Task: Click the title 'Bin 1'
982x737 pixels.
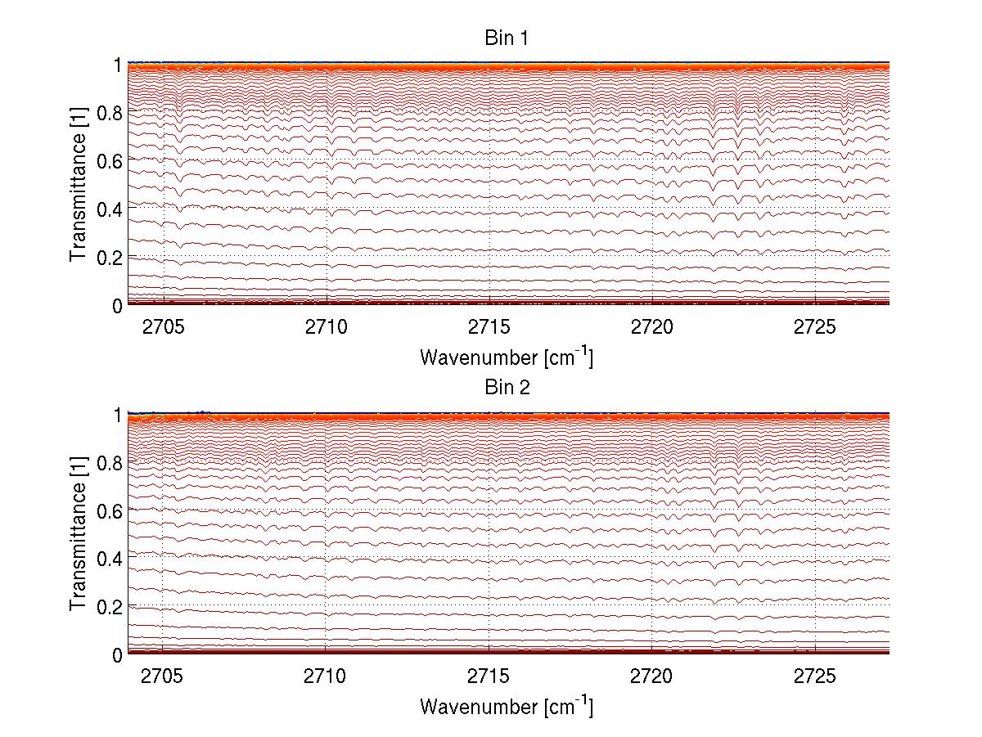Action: coord(507,38)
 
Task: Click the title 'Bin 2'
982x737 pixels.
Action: coord(507,388)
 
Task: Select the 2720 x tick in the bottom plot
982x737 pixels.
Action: coord(651,676)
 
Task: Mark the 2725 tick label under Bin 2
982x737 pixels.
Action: coord(815,676)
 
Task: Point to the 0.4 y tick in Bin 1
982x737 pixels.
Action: coord(110,209)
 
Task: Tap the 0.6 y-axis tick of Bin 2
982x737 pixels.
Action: coord(110,510)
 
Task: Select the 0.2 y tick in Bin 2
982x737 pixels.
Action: coord(110,606)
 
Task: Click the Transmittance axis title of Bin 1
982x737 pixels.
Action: coord(79,185)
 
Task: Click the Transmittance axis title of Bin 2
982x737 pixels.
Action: coord(79,534)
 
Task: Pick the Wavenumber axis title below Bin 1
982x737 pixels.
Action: coord(507,357)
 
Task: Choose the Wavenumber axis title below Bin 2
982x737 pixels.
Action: coord(507,706)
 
